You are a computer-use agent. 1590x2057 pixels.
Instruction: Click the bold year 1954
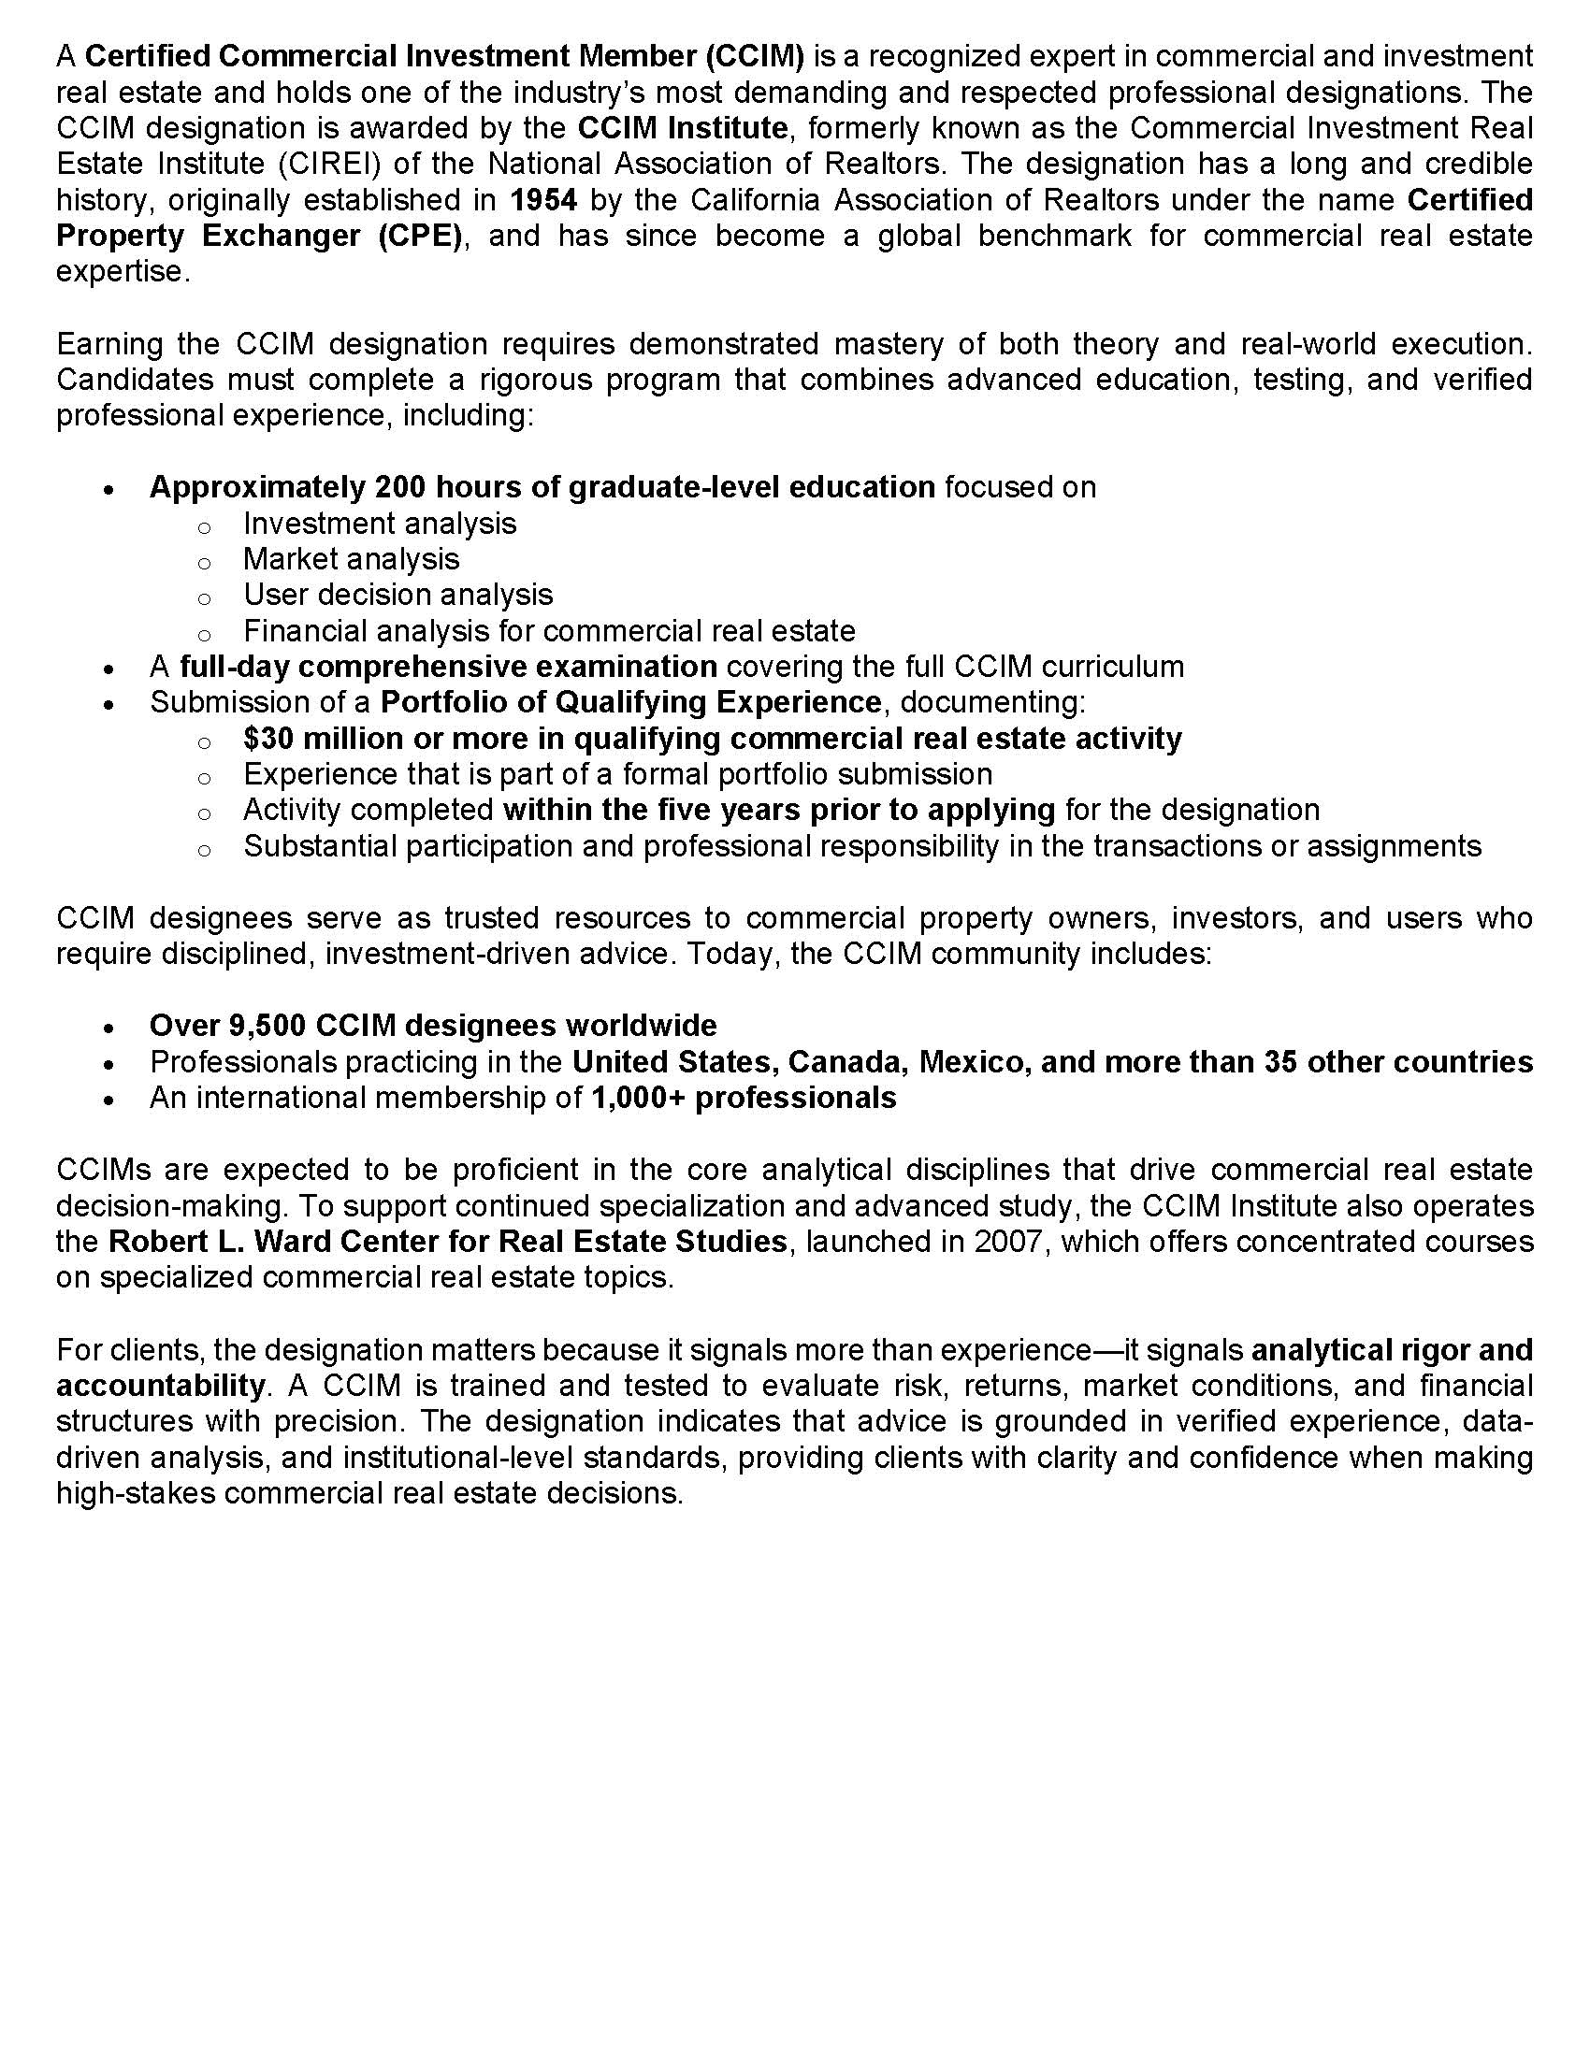click(x=542, y=200)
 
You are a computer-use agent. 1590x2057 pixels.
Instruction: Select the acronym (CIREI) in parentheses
click(x=329, y=164)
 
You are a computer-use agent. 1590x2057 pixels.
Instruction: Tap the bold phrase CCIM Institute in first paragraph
click(x=682, y=128)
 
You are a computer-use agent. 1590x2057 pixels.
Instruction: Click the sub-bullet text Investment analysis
click(x=380, y=524)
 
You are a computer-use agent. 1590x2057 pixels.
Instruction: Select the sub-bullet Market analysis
click(x=352, y=559)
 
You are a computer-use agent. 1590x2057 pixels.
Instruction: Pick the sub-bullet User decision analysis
click(x=398, y=596)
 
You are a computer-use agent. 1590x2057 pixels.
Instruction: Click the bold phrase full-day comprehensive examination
click(x=448, y=667)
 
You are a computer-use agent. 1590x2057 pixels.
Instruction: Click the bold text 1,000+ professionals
click(x=744, y=1099)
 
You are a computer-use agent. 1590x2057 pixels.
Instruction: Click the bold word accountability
click(x=160, y=1387)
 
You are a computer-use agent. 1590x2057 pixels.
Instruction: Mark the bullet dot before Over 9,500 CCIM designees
click(x=110, y=1028)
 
